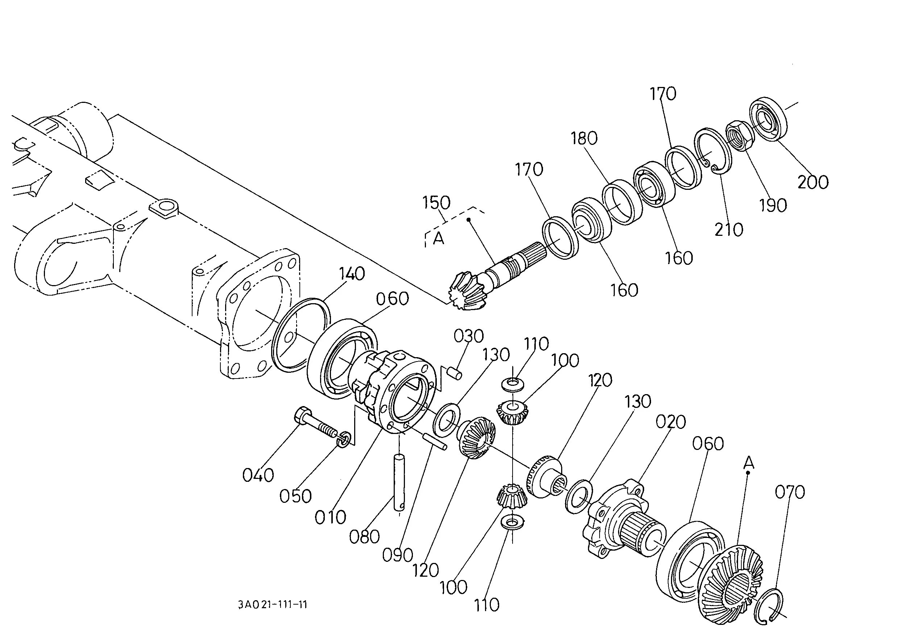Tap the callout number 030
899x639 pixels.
tap(468, 337)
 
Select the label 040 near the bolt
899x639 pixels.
tap(258, 475)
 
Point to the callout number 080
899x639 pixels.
tap(364, 537)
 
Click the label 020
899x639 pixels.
tap(671, 422)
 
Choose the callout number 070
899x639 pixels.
tap(790, 492)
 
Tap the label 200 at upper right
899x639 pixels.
tap(813, 182)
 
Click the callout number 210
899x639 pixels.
tap(729, 230)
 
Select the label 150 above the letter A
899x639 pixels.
tap(436, 203)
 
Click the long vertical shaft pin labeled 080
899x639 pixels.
tap(399, 483)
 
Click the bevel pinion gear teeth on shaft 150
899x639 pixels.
tap(467, 290)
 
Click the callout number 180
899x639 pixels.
tap(584, 138)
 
